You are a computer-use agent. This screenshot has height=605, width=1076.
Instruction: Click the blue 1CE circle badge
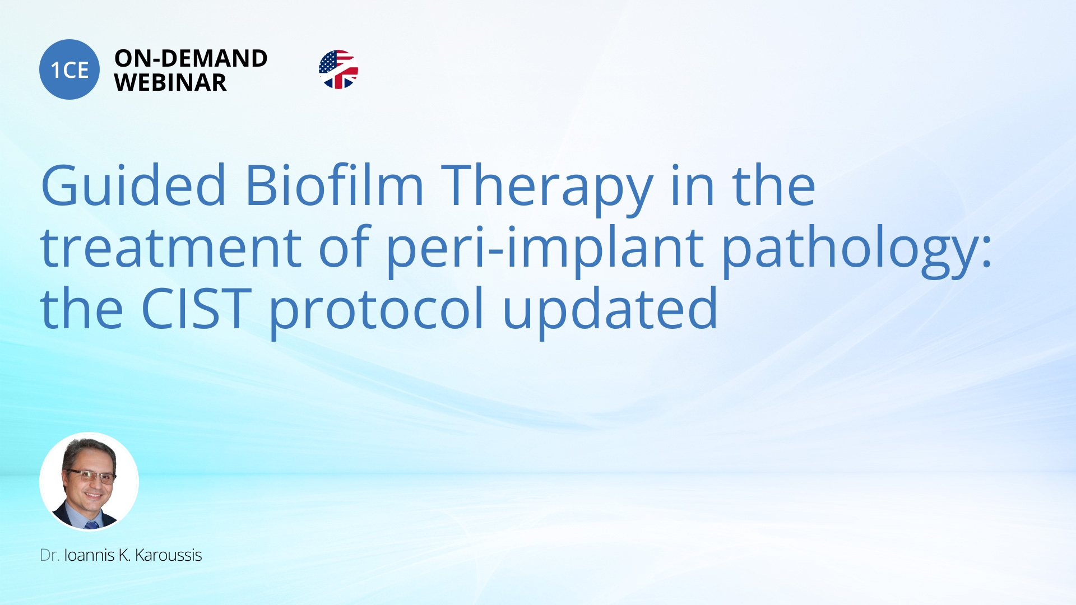pos(69,69)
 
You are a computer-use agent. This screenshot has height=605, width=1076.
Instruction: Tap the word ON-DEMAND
pos(191,58)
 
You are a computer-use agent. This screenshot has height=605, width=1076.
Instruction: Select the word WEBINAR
pos(170,83)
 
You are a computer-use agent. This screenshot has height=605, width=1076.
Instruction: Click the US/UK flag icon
pos(338,69)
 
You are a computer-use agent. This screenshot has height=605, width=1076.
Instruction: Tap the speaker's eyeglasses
pos(91,477)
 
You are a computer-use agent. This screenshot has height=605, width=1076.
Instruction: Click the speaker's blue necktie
pos(91,525)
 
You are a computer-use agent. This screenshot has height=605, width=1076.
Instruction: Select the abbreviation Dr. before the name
pos(49,555)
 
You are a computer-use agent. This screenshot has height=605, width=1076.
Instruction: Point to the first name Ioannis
pos(89,555)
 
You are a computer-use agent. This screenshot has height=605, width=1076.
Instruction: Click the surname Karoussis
pos(168,555)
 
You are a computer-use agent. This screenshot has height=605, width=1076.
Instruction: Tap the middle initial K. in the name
pos(124,555)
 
